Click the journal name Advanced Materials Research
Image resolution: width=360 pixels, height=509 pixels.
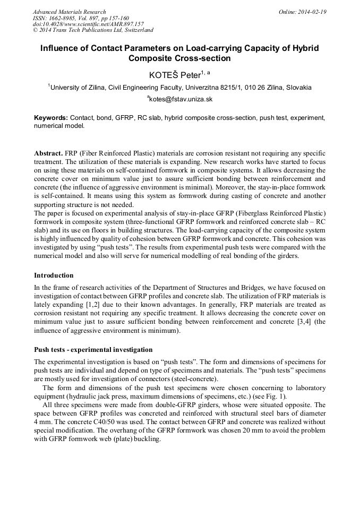tap(69, 12)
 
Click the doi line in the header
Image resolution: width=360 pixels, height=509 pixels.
tap(88, 24)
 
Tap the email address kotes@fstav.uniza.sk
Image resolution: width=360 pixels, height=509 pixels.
tap(181, 99)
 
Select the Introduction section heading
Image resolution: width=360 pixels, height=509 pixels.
tap(54, 275)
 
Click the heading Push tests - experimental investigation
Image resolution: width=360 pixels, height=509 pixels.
tap(93, 350)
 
